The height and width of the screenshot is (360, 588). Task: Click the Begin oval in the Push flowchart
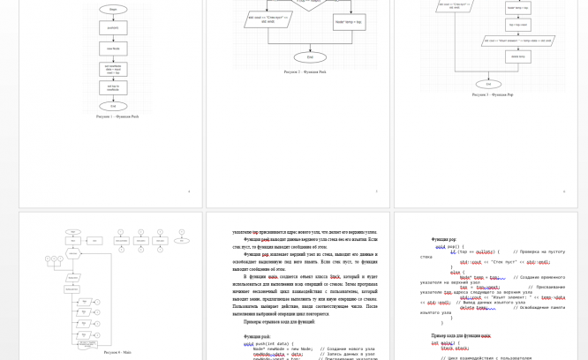(114, 10)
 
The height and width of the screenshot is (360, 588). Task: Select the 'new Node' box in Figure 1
(114, 48)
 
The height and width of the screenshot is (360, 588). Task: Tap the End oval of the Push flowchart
(114, 106)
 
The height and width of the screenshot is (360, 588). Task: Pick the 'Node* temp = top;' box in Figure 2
(349, 19)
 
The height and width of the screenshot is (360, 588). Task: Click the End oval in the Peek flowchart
(310, 58)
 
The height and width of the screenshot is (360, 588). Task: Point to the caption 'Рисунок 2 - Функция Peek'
(304, 71)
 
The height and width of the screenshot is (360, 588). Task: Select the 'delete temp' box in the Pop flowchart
(517, 58)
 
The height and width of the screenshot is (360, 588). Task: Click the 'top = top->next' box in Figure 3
(517, 24)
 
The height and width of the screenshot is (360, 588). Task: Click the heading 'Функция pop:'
(444, 239)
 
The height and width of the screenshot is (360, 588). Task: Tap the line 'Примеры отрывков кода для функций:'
(279, 321)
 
